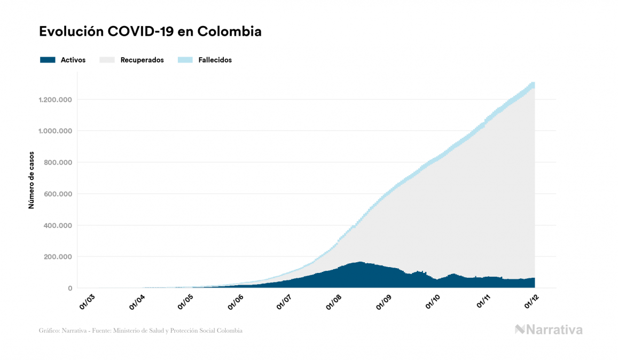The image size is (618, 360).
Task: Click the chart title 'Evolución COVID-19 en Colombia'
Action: click(150, 32)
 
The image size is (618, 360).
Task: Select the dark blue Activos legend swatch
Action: click(48, 60)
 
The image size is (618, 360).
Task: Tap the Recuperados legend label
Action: click(142, 60)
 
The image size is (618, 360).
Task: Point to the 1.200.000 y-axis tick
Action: click(55, 100)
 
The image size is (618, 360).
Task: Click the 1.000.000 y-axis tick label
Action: click(55, 131)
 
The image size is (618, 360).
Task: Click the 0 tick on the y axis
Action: click(69, 288)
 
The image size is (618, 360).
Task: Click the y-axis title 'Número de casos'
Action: click(32, 180)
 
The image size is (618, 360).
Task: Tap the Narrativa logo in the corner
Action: click(549, 330)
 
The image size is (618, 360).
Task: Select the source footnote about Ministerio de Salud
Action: click(140, 331)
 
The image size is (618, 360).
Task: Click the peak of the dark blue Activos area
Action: click(361, 262)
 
